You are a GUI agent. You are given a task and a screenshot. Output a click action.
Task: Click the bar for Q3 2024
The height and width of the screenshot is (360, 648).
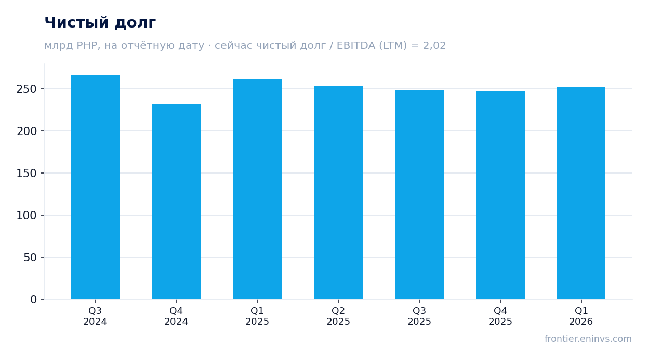95,187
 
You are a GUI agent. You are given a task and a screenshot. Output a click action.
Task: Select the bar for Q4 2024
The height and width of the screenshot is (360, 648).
176,201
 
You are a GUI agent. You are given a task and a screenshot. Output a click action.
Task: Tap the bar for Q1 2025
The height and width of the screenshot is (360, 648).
257,189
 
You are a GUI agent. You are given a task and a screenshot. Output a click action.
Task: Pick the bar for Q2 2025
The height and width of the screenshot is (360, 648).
338,193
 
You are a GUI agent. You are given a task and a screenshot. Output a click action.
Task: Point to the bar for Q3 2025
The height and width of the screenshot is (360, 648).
419,195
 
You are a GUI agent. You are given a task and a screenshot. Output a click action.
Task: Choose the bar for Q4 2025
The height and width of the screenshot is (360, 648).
500,195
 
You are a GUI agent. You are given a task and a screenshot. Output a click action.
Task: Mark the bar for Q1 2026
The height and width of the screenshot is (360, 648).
581,193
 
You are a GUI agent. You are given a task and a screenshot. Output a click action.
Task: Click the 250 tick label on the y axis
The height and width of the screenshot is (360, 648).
27,89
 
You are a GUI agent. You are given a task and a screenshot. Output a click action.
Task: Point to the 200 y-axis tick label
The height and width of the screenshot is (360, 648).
27,131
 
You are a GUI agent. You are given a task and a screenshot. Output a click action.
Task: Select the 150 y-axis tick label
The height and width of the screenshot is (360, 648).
27,174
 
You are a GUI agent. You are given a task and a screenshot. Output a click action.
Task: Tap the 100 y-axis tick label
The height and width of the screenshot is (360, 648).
27,216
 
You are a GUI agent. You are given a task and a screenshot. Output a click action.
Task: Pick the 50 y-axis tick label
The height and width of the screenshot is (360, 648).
30,258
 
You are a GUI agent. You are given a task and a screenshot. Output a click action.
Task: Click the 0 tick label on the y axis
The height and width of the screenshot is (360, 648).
34,300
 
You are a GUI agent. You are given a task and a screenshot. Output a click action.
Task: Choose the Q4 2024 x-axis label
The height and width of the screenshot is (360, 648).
176,316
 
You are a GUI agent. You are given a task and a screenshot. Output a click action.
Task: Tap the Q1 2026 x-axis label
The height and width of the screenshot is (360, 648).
581,316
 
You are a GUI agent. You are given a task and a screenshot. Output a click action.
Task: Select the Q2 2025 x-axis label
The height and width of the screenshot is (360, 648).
338,316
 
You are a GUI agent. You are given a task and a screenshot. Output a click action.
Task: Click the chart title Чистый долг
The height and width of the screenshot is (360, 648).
100,22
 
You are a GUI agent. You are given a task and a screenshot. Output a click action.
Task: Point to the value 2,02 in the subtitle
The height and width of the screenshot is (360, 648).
434,46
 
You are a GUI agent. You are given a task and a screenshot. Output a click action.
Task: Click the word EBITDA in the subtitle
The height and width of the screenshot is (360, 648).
355,45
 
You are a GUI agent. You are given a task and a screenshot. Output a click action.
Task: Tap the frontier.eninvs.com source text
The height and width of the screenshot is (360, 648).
588,339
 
